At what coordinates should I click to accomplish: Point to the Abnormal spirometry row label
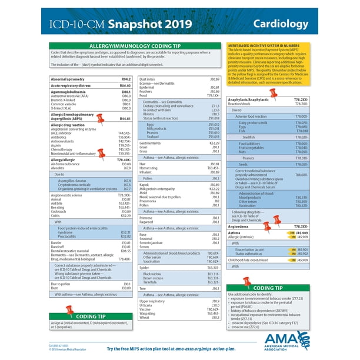click(69, 78)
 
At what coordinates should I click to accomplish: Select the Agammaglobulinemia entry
click(70, 92)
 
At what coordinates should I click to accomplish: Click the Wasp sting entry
click(147, 314)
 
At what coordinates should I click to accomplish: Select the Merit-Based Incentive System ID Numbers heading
click(260, 45)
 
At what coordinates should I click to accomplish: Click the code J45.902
click(302, 254)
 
